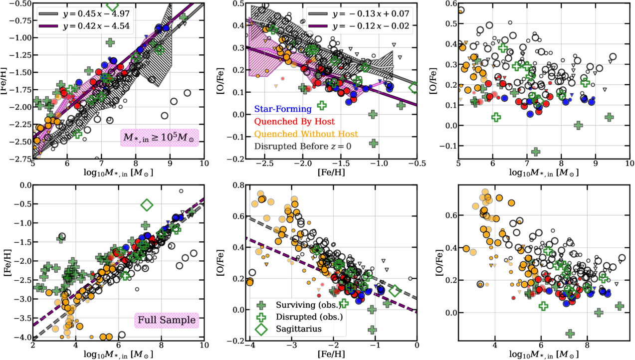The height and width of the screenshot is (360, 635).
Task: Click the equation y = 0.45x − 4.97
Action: coord(96,13)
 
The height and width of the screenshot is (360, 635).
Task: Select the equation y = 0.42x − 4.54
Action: coord(96,26)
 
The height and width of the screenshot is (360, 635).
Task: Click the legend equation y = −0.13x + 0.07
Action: coord(371,13)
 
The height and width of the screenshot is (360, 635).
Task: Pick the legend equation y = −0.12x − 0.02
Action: coord(371,26)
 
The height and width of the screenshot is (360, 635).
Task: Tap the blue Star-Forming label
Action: coord(283,109)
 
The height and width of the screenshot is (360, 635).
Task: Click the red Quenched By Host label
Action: coord(294,121)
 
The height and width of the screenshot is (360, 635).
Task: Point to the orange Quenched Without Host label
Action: coord(306,134)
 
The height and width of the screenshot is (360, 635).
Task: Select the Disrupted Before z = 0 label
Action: coord(303,146)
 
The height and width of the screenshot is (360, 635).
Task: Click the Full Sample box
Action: coord(167,320)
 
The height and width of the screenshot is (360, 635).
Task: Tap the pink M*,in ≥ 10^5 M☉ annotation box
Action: coord(160,138)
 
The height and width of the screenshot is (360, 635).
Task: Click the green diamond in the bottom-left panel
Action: coord(147,204)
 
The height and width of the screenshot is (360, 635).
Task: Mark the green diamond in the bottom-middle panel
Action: coord(395,291)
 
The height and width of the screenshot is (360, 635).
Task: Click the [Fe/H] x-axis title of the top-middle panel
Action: coord(331,173)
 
